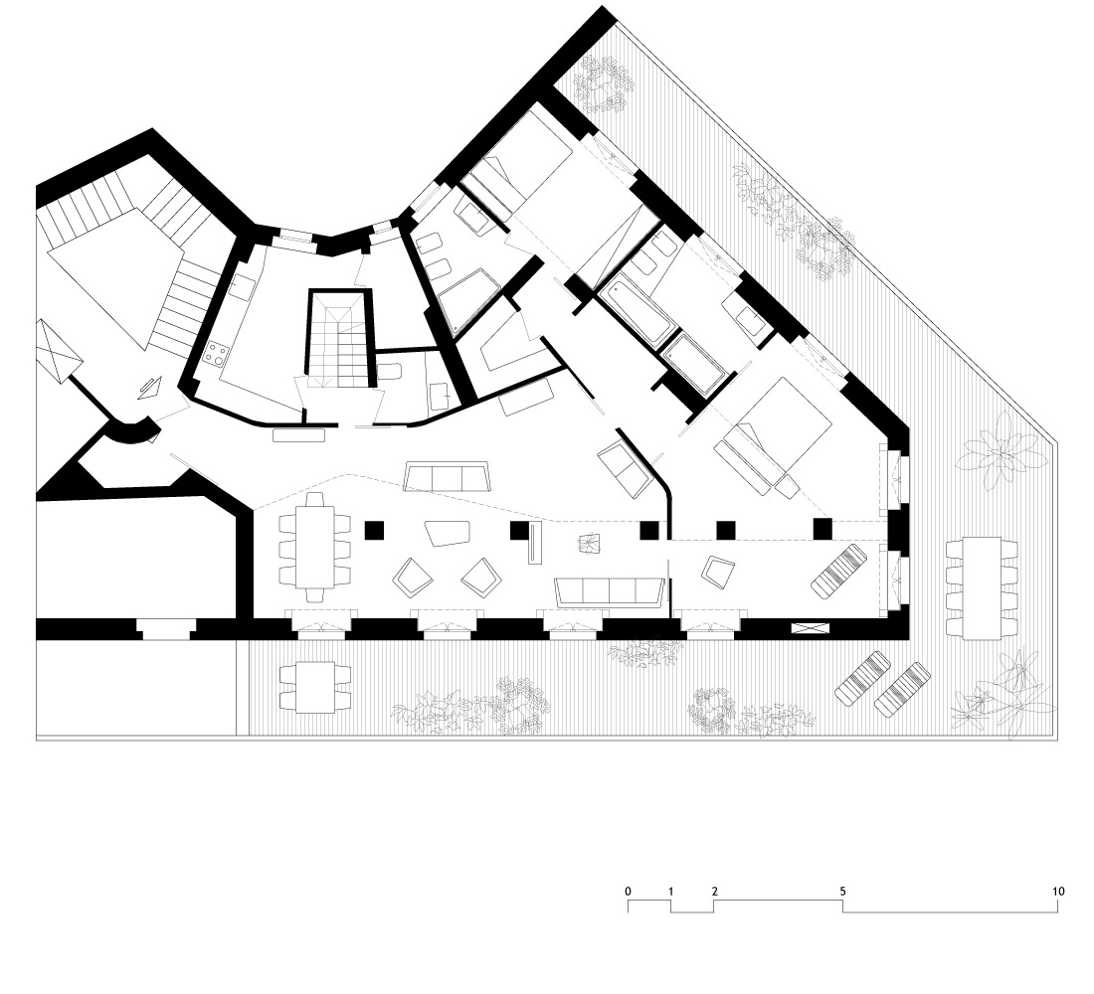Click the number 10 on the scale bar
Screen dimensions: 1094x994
coord(1058,891)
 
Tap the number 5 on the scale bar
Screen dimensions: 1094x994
coord(842,891)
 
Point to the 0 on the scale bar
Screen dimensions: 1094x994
coord(628,891)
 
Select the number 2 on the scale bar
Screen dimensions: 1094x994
coord(714,891)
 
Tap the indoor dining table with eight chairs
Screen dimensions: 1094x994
coord(314,548)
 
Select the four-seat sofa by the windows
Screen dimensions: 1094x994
coord(609,591)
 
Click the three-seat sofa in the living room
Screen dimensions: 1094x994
coord(448,477)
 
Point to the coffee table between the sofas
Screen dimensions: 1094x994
coord(448,535)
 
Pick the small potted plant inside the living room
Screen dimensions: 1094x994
coord(590,543)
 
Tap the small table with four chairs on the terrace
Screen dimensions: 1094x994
coord(314,687)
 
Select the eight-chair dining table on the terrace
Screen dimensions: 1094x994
coord(981,587)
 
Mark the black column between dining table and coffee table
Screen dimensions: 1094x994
coord(374,530)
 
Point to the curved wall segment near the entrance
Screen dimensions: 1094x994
coord(132,432)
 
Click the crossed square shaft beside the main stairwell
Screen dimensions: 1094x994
coord(59,351)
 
